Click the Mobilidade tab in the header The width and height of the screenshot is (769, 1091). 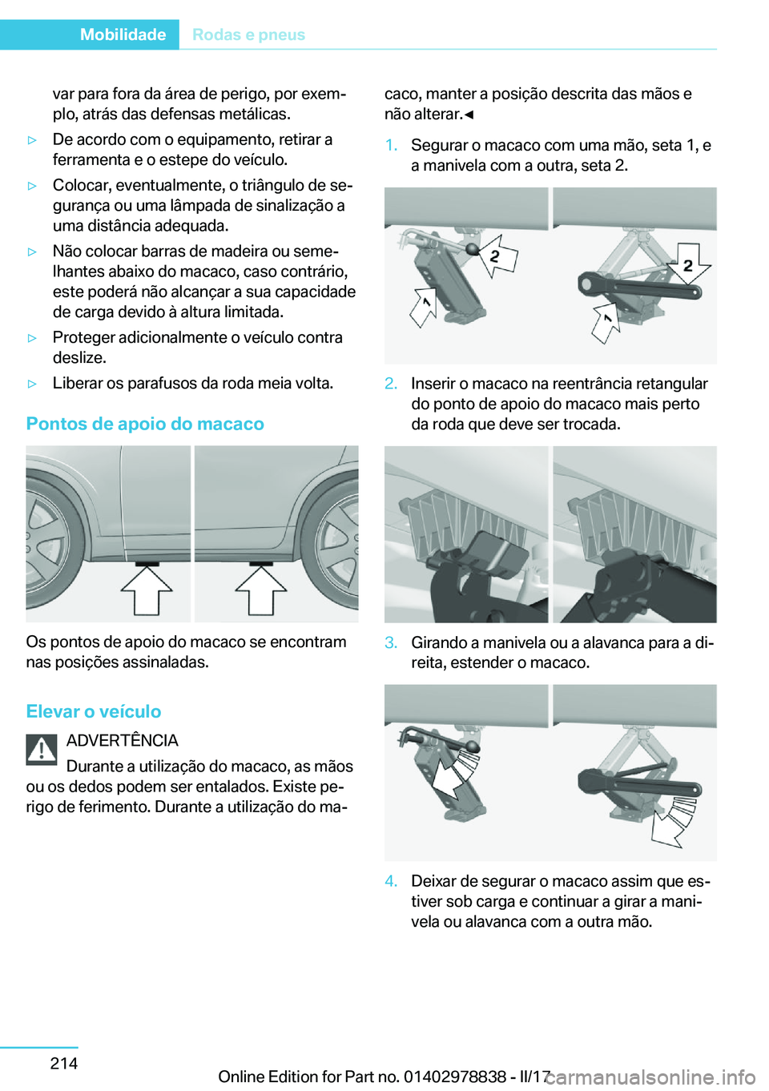(123, 34)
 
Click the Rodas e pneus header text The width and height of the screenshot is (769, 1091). (248, 34)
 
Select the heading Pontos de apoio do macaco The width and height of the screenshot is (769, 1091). (145, 424)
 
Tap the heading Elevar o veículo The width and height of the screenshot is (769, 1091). (94, 711)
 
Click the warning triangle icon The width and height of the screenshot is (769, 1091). (42, 749)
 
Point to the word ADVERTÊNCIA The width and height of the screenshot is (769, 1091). (123, 740)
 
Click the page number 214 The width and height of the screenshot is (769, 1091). (64, 1063)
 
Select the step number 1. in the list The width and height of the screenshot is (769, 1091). (391, 145)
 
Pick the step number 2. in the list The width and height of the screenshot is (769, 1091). (391, 384)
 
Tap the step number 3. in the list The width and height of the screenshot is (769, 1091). (391, 642)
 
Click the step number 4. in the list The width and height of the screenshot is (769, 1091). (391, 881)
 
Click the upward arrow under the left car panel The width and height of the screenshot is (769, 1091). (147, 591)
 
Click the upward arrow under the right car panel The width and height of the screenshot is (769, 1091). (261, 591)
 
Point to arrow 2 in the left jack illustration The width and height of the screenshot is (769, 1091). (497, 256)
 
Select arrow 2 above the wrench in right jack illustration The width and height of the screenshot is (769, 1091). (688, 264)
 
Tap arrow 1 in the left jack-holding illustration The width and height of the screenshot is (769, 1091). (423, 307)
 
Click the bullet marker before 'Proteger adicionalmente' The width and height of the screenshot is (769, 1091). (33, 338)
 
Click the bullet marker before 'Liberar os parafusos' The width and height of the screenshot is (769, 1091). (33, 384)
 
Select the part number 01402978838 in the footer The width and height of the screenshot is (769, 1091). (454, 1077)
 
